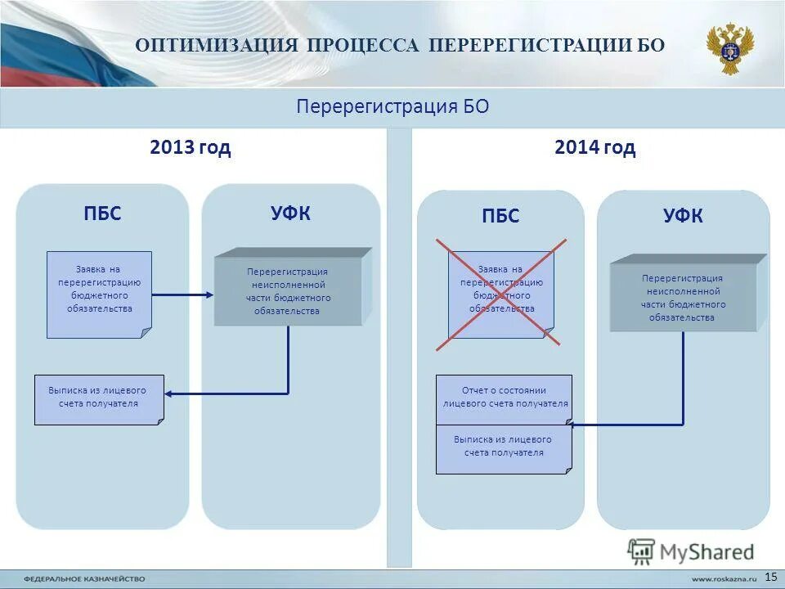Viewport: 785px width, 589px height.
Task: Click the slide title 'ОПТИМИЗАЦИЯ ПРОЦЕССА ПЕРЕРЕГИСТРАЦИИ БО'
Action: [400, 44]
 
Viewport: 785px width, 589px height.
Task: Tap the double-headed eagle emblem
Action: [730, 48]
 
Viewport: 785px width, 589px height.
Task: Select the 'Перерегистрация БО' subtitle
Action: [392, 107]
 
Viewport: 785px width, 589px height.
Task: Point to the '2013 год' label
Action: [191, 148]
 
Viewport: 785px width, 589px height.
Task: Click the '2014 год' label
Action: [594, 148]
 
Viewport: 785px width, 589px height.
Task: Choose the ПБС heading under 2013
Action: [102, 214]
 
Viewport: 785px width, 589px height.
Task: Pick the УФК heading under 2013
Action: [291, 214]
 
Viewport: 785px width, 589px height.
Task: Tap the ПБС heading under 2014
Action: [500, 217]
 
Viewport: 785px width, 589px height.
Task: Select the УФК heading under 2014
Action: [683, 217]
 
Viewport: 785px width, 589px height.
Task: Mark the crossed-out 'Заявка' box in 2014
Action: [500, 294]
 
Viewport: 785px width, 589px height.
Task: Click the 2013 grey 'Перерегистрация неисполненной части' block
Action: [288, 291]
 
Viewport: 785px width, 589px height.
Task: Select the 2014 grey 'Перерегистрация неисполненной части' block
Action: [683, 297]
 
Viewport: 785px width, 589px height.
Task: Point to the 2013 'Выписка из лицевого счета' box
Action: [99, 399]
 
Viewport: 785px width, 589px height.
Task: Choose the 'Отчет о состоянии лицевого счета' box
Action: [504, 399]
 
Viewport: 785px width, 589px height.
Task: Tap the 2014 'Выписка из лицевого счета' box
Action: [504, 449]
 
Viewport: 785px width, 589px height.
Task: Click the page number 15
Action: [770, 577]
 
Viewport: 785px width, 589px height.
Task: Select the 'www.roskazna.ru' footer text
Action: [719, 578]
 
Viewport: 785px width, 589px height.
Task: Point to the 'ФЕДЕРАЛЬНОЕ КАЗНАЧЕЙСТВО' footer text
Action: [84, 578]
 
